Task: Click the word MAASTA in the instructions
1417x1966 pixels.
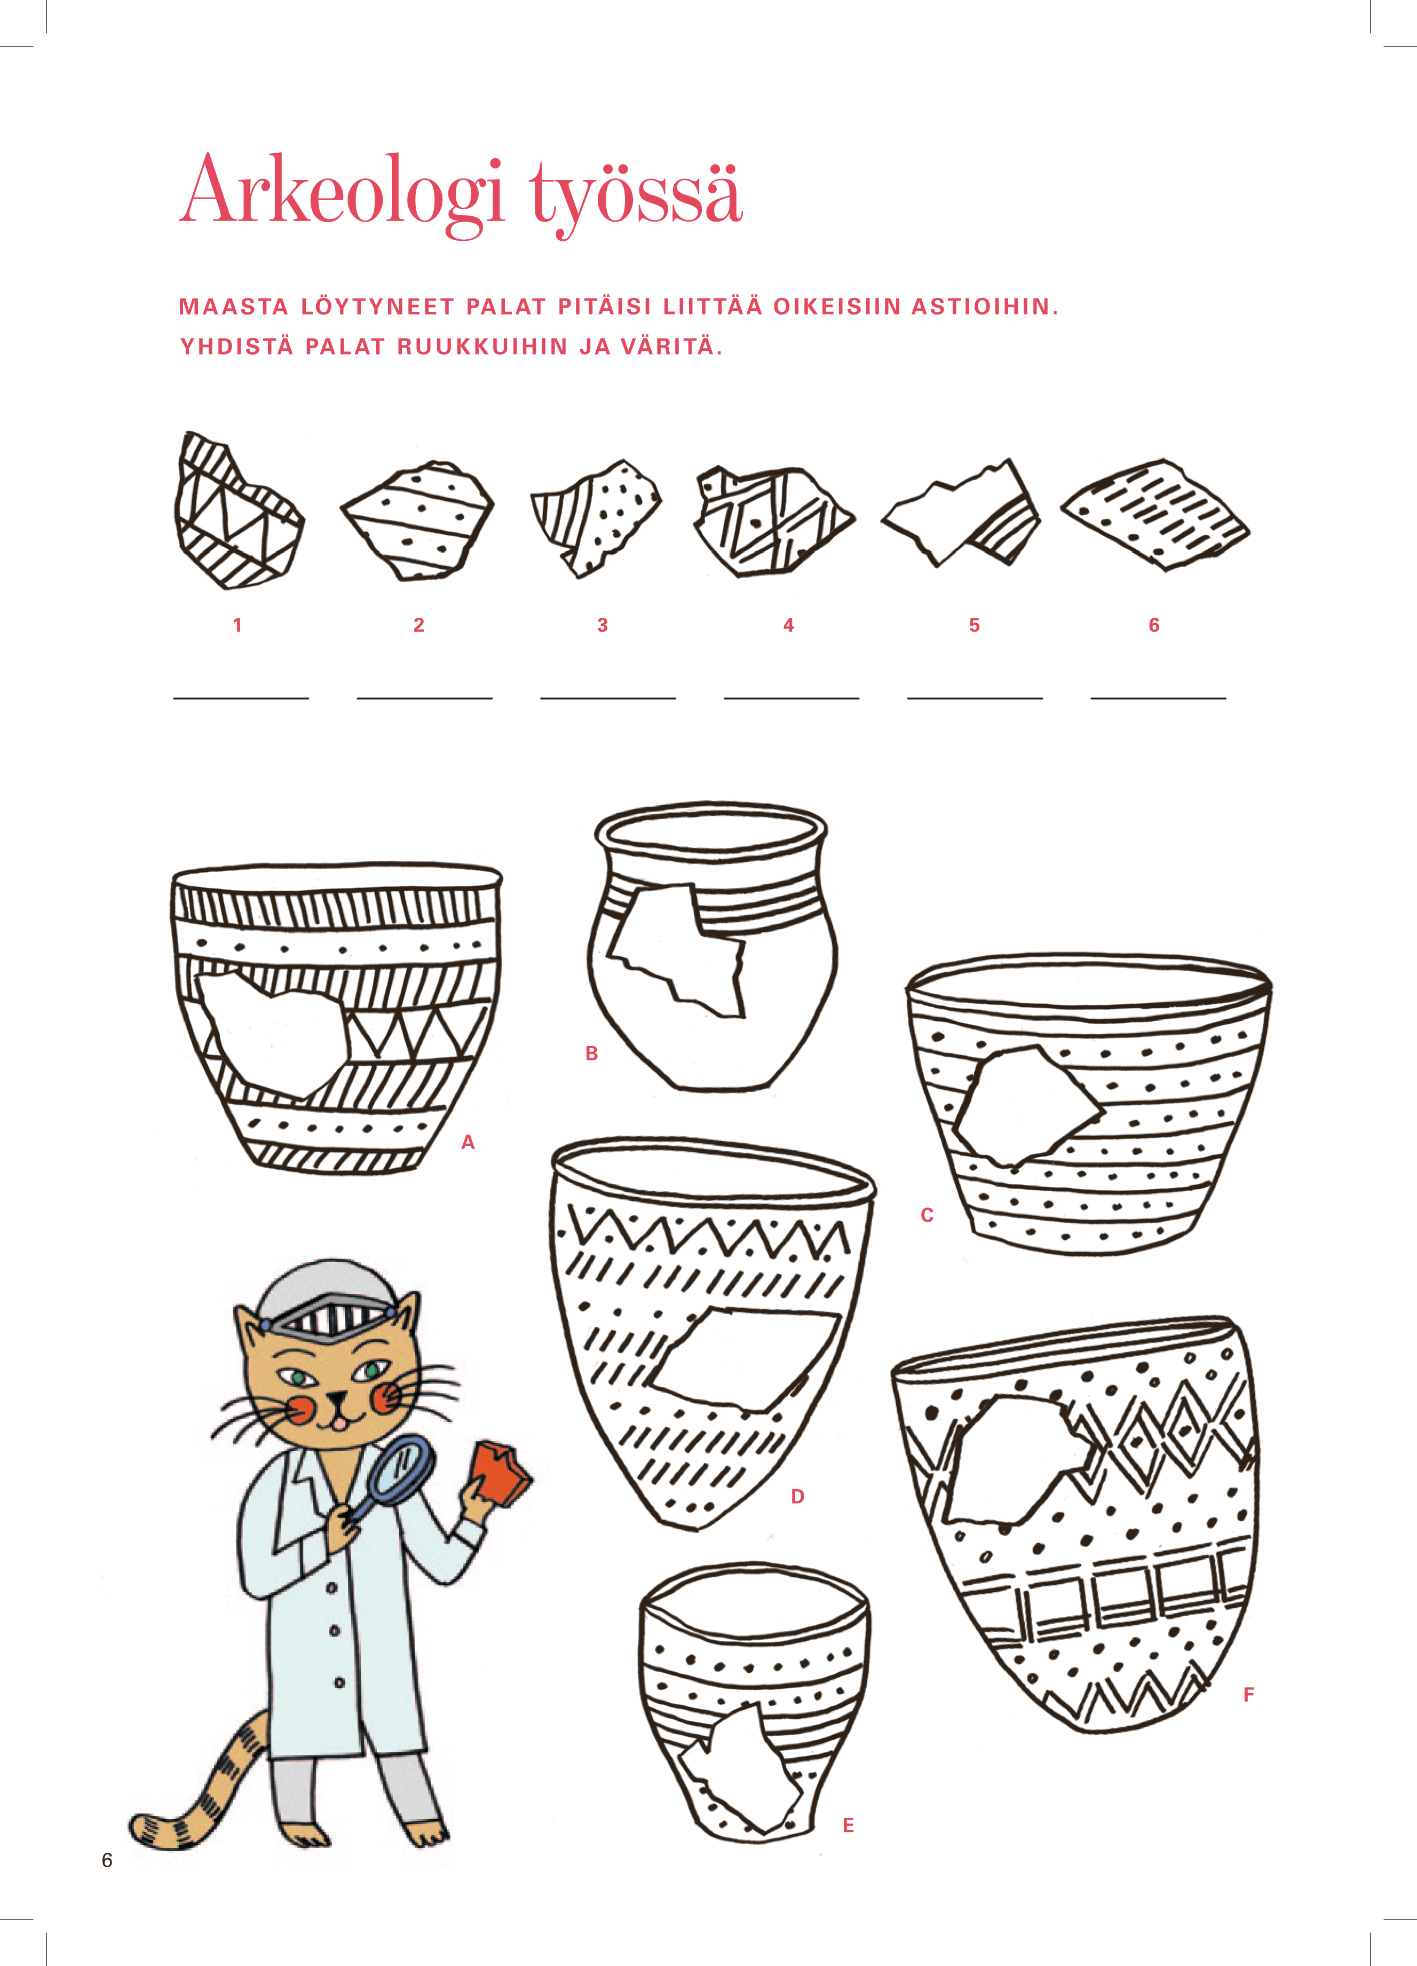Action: tap(233, 307)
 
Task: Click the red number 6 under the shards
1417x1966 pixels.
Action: tap(1153, 625)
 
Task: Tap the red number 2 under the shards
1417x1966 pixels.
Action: tap(418, 625)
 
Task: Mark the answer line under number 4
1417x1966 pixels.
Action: tap(791, 698)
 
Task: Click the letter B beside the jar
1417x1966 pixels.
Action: tap(592, 1053)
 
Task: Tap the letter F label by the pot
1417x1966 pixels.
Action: tap(1249, 1695)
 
